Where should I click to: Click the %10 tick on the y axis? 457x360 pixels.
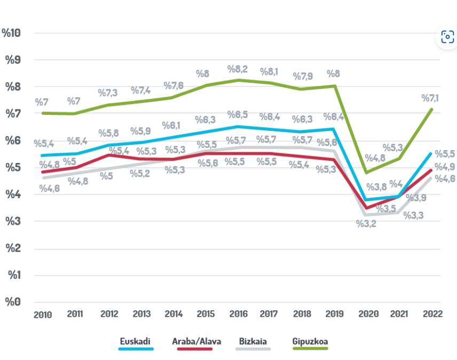[11, 33]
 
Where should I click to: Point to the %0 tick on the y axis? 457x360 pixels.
[13, 302]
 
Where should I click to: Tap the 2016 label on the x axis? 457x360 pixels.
[238, 314]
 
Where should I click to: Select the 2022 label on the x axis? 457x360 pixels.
[432, 314]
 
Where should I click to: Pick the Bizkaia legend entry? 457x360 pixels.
[253, 341]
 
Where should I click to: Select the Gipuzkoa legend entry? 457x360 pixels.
[310, 341]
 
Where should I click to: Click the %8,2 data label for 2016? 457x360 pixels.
[238, 69]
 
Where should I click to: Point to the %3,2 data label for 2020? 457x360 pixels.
[367, 224]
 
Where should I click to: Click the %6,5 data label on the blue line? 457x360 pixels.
[238, 114]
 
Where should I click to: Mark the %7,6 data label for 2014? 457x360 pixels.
[174, 85]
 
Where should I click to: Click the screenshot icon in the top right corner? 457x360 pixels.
[447, 37]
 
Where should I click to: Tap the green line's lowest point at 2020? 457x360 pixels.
[366, 173]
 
